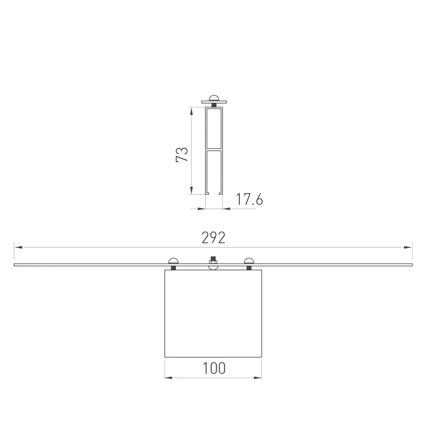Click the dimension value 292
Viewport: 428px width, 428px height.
[214, 238]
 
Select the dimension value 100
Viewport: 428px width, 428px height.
[214, 368]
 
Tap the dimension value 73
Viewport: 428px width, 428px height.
[182, 155]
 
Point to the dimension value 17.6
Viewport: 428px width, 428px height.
[249, 199]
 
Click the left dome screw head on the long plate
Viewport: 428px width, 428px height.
[173, 261]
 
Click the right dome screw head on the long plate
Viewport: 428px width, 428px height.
[249, 261]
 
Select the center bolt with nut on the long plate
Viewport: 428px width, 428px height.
[213, 263]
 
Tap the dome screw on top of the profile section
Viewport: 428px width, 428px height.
[214, 98]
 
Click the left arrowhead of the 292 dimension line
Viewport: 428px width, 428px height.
[18, 247]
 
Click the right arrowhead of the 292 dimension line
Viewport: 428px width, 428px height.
[408, 247]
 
